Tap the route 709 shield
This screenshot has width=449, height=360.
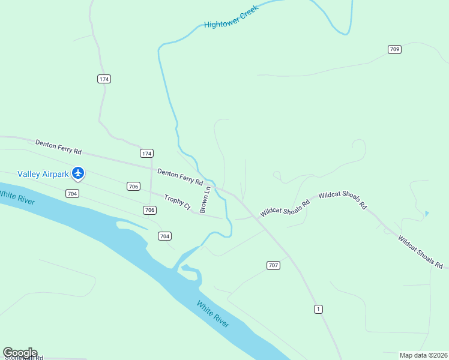click(x=394, y=49)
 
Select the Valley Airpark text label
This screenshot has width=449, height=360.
click(x=44, y=174)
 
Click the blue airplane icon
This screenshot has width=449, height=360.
click(x=77, y=173)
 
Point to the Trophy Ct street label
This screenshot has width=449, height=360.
click(x=177, y=203)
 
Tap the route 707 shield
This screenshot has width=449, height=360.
click(x=273, y=265)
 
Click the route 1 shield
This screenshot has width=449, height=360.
click(x=318, y=309)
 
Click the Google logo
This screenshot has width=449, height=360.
click(x=20, y=353)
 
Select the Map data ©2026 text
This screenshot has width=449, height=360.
click(x=423, y=355)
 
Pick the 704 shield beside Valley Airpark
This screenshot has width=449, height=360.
click(x=72, y=193)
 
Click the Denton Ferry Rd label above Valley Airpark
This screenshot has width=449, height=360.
click(x=58, y=147)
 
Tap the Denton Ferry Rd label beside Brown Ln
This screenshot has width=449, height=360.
click(x=180, y=176)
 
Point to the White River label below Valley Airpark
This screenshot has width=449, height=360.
click(x=17, y=196)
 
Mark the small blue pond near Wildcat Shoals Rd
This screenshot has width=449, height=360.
click(x=426, y=213)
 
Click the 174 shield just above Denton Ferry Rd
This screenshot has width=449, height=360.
click(x=146, y=153)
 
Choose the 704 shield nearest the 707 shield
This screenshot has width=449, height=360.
click(x=164, y=236)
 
